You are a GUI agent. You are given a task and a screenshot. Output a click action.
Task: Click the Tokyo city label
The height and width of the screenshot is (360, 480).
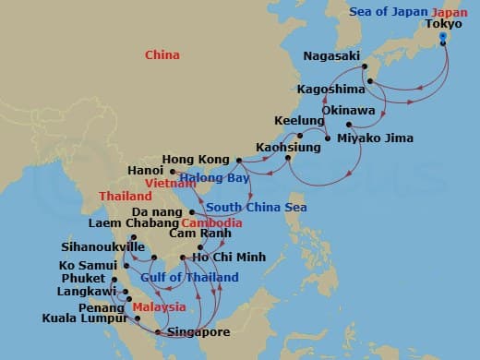coord(444,24)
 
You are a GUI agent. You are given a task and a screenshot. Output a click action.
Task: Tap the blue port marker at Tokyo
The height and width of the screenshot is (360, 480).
coord(443,38)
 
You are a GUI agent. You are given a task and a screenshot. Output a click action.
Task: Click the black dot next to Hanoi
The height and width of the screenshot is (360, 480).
coord(173,171)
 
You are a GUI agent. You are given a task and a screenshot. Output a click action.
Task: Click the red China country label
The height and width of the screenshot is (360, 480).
coord(161,56)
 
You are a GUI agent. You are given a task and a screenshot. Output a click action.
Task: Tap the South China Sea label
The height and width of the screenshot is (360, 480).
coord(247,207)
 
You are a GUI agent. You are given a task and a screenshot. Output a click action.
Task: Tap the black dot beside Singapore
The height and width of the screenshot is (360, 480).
coord(159,331)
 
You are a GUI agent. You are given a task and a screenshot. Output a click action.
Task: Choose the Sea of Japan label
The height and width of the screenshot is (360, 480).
coord(386,11)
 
